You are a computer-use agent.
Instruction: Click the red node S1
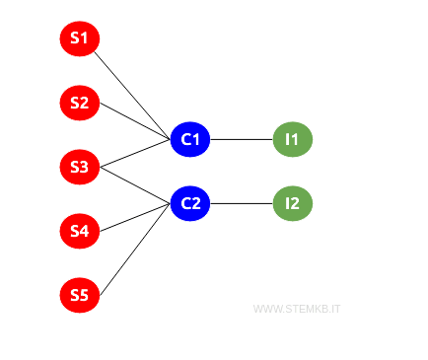79,39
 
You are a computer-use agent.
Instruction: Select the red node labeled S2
79,103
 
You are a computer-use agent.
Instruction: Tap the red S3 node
79,167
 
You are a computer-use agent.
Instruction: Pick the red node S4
79,231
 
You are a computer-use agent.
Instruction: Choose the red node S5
79,295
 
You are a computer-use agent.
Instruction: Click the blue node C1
190,140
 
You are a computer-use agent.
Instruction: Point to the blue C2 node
190,204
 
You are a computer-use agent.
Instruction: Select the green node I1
292,140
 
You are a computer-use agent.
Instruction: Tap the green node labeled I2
292,204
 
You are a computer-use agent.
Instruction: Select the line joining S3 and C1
135,154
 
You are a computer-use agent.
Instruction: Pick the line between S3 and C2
135,185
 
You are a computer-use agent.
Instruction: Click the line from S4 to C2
135,218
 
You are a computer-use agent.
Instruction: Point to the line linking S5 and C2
135,250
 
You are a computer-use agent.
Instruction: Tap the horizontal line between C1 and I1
242,140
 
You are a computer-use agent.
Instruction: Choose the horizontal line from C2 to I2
242,204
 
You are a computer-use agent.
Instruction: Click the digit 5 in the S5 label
84,295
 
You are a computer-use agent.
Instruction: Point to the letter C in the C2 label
185,204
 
